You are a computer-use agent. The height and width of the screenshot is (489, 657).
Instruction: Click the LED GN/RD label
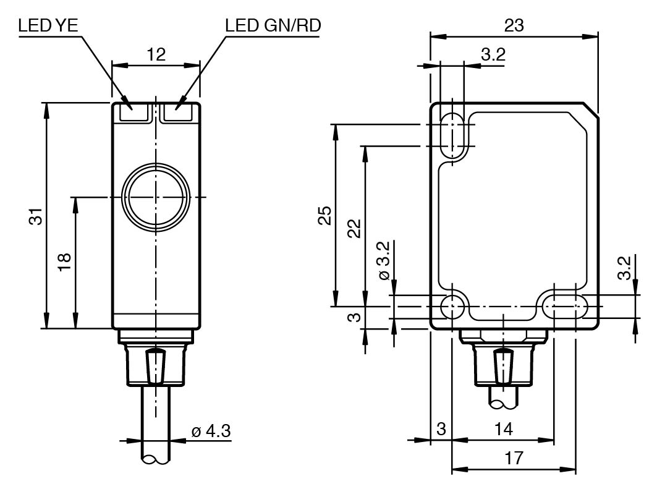[274, 26]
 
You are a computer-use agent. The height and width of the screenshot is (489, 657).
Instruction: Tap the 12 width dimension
[156, 54]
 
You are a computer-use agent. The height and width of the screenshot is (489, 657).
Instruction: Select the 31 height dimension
[35, 216]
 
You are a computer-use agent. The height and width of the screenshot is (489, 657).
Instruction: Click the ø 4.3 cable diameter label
[211, 430]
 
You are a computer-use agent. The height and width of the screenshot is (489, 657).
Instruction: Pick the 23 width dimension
[514, 25]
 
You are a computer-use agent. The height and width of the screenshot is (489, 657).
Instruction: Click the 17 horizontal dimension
[514, 458]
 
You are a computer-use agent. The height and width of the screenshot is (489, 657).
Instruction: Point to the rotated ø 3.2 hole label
[383, 260]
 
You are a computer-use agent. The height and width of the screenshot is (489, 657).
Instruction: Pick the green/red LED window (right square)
[181, 113]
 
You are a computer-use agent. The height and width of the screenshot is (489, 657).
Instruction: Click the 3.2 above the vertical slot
[493, 54]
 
